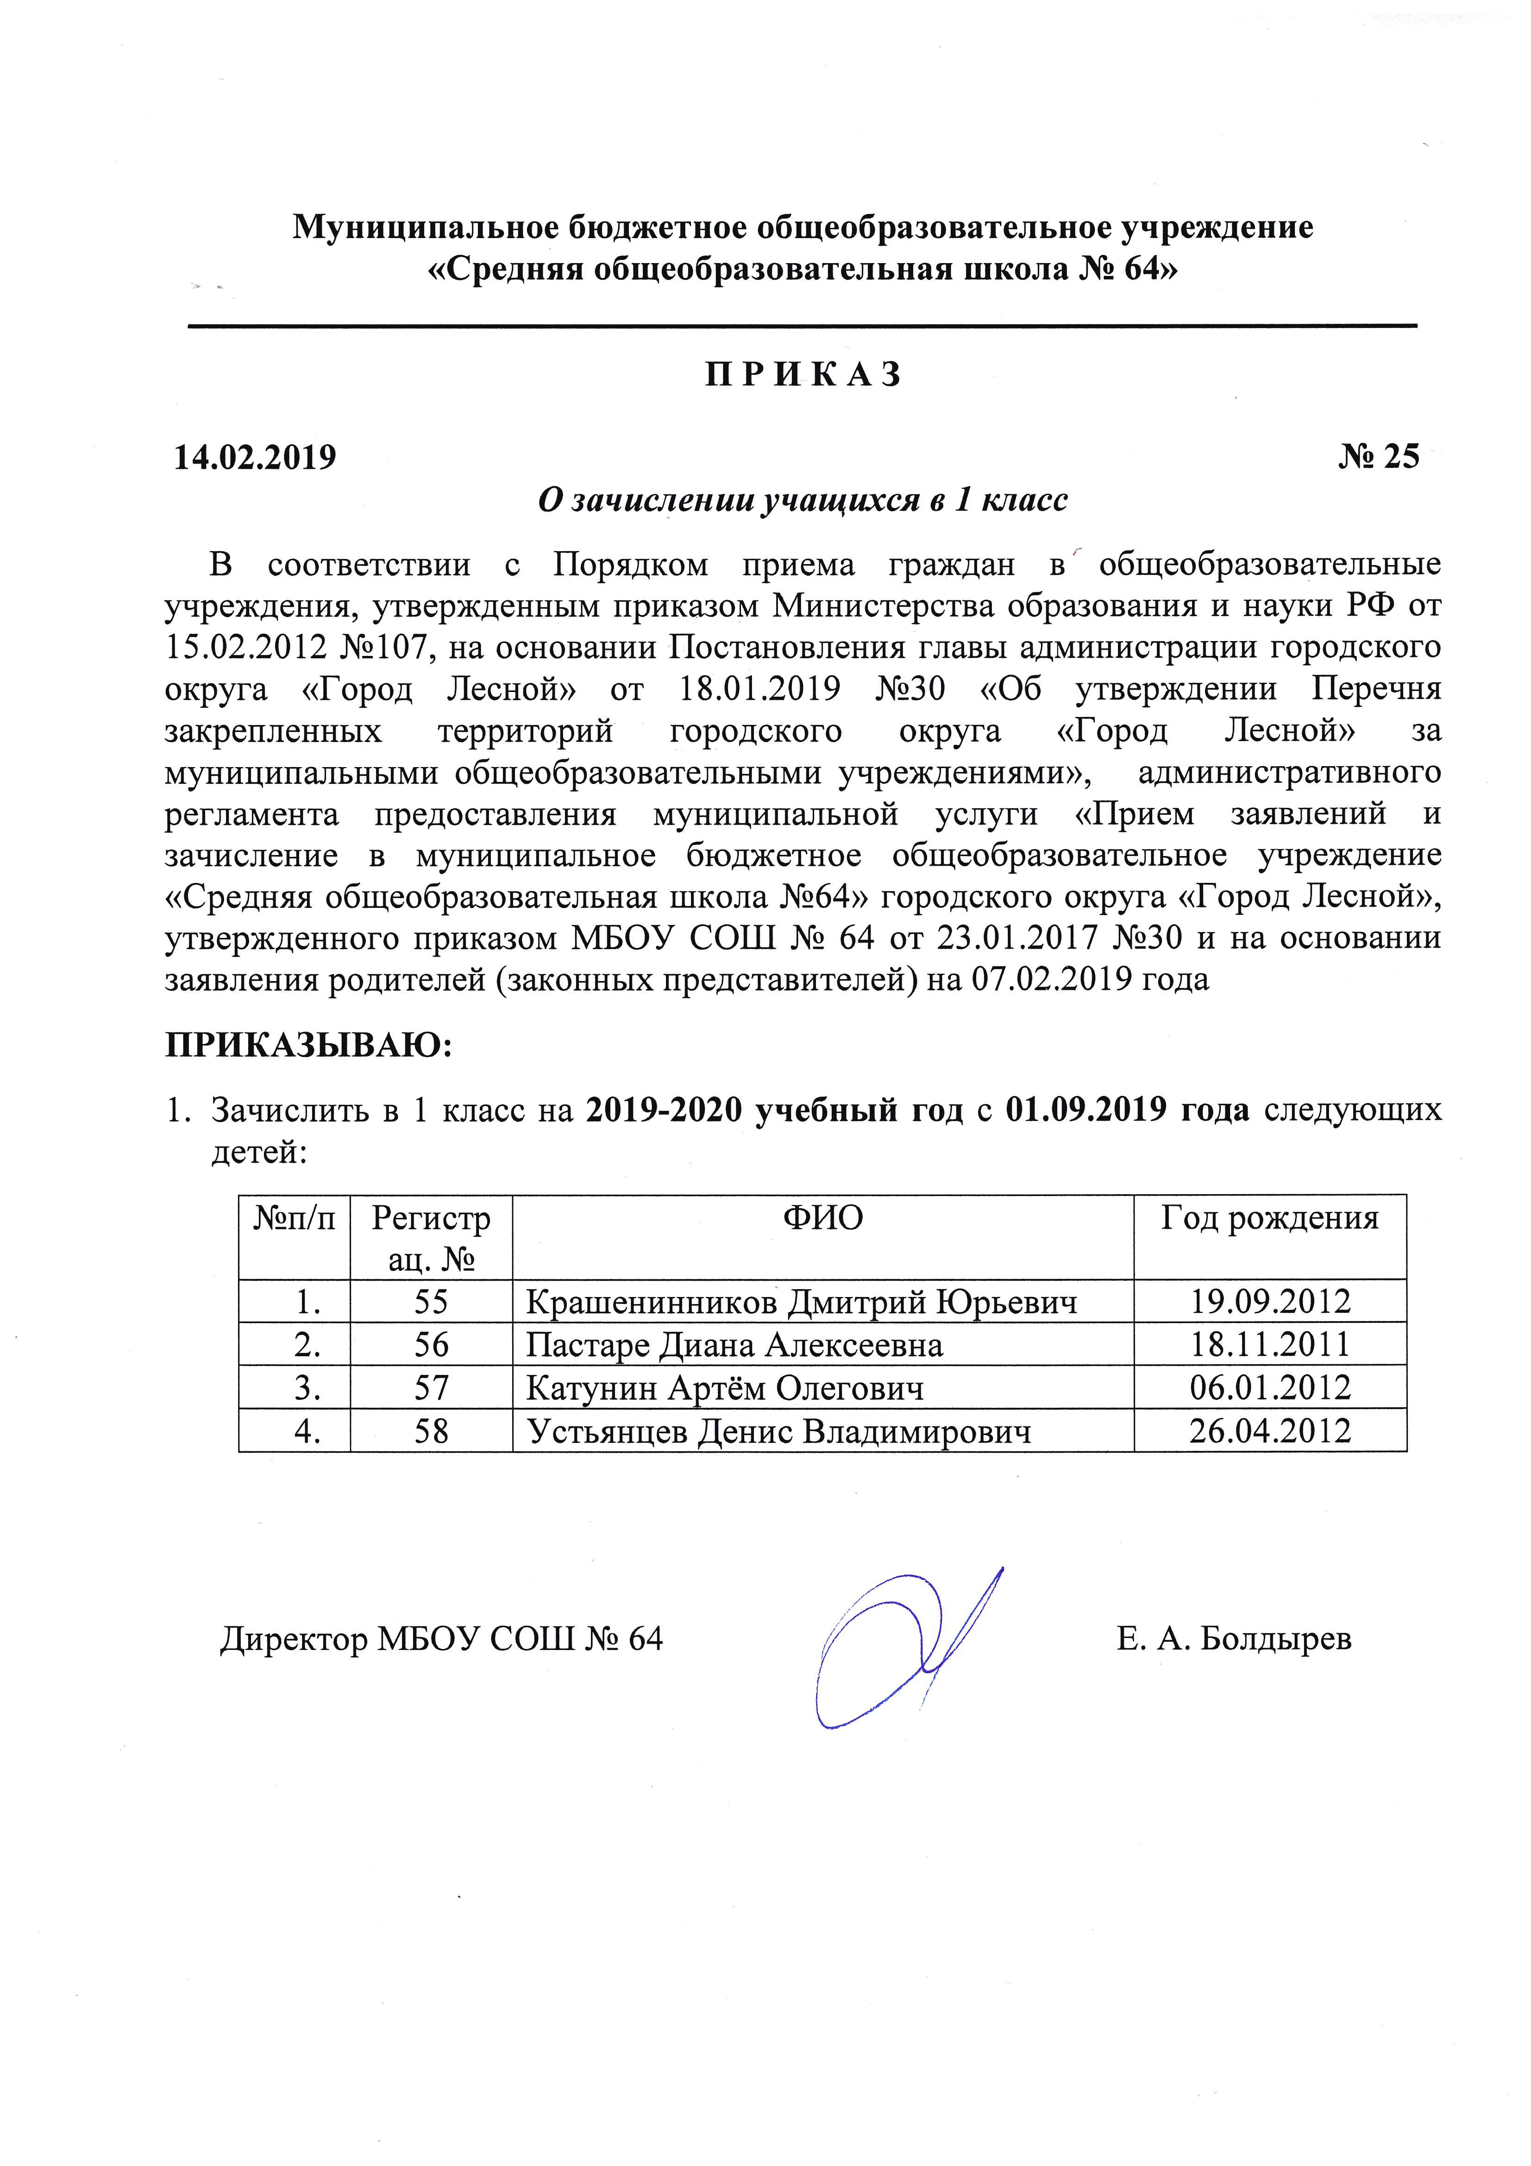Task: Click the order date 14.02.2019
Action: click(x=256, y=458)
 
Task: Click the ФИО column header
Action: click(x=822, y=1218)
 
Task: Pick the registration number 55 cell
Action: click(x=431, y=1302)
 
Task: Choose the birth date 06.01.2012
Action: click(x=1270, y=1388)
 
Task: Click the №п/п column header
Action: click(x=295, y=1218)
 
